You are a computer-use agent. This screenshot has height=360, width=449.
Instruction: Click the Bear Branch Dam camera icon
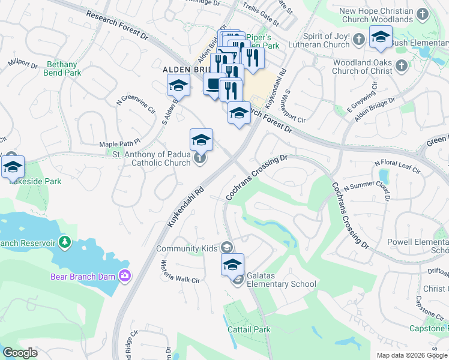pyautogui.click(x=125, y=275)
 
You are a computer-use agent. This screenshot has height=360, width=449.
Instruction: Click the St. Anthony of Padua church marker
pyautogui.click(x=200, y=158)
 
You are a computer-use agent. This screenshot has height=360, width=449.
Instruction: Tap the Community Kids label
pyautogui.click(x=186, y=248)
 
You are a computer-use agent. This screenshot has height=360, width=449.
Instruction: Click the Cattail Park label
pyautogui.click(x=249, y=329)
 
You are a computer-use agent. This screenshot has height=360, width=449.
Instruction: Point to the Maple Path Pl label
pyautogui.click(x=119, y=142)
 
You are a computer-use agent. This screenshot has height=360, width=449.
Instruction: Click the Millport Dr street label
pyautogui.click(x=23, y=62)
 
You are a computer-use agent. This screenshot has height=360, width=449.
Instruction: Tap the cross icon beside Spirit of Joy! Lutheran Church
pyautogui.click(x=359, y=40)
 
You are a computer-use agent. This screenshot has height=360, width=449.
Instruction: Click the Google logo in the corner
pyautogui.click(x=20, y=353)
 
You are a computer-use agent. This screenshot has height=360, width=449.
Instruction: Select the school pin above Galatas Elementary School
pyautogui.click(x=232, y=263)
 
